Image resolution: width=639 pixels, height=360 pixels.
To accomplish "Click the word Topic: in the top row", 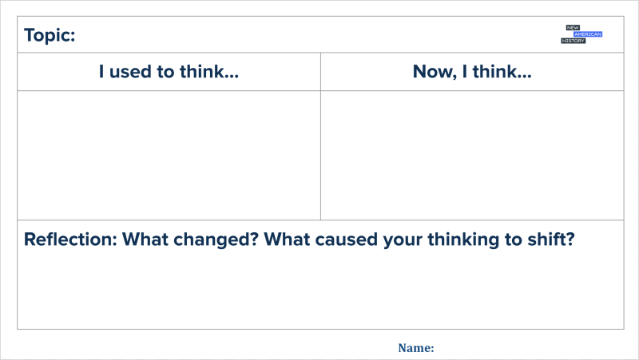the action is click(x=50, y=35).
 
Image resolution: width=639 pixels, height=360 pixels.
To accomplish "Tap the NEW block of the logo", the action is click(x=573, y=28).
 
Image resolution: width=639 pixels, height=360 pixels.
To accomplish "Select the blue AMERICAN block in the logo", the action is click(x=588, y=34).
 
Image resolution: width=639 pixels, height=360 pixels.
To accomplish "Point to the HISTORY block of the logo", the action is click(x=573, y=41).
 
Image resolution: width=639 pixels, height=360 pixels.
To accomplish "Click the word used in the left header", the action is click(x=131, y=72).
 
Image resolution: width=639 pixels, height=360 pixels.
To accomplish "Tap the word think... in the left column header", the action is click(x=209, y=71).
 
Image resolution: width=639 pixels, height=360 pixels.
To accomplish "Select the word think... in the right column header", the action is click(x=502, y=71).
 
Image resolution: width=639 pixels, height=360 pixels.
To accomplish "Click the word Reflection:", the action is click(x=70, y=239).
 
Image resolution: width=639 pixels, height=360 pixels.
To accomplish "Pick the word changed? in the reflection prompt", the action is click(x=216, y=239).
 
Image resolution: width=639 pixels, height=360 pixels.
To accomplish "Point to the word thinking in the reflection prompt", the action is click(x=463, y=239).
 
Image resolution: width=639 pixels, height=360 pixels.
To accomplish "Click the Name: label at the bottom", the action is click(x=416, y=348).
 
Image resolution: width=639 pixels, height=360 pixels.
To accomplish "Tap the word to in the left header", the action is click(x=166, y=72).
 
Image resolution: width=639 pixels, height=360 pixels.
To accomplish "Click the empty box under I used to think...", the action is click(x=169, y=155).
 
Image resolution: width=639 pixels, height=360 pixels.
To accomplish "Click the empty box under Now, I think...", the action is click(x=472, y=155).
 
